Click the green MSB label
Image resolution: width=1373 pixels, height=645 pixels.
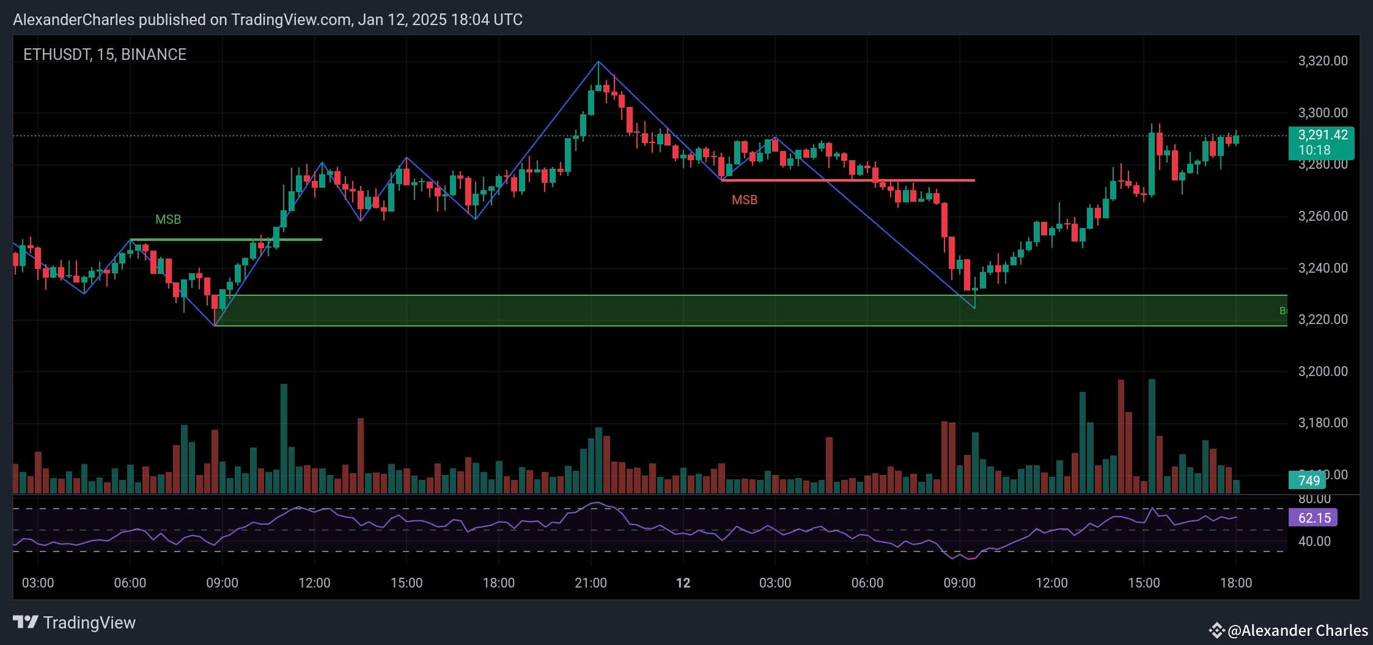coord(168,219)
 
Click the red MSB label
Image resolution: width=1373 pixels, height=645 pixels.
coord(745,200)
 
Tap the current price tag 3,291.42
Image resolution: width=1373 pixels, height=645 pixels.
coord(1322,135)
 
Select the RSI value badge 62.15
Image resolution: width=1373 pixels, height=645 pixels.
coord(1314,518)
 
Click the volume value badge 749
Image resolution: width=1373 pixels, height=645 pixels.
coord(1309,481)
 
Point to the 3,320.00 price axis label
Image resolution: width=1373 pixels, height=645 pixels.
coord(1322,61)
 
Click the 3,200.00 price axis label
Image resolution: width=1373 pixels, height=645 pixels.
coord(1322,372)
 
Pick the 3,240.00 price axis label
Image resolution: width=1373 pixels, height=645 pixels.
coord(1322,268)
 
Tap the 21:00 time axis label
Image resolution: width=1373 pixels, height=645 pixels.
coord(591,583)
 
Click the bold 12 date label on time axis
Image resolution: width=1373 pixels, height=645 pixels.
coord(683,583)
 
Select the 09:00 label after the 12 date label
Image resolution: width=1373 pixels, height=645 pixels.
coord(959,583)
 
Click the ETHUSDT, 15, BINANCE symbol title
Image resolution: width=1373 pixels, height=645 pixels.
coord(105,54)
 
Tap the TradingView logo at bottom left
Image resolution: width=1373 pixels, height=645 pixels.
coord(75,622)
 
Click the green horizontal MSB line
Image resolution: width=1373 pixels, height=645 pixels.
coord(226,240)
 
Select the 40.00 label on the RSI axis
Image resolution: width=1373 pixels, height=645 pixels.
coord(1314,542)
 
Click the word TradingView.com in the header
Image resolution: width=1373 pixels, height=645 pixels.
coord(290,20)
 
